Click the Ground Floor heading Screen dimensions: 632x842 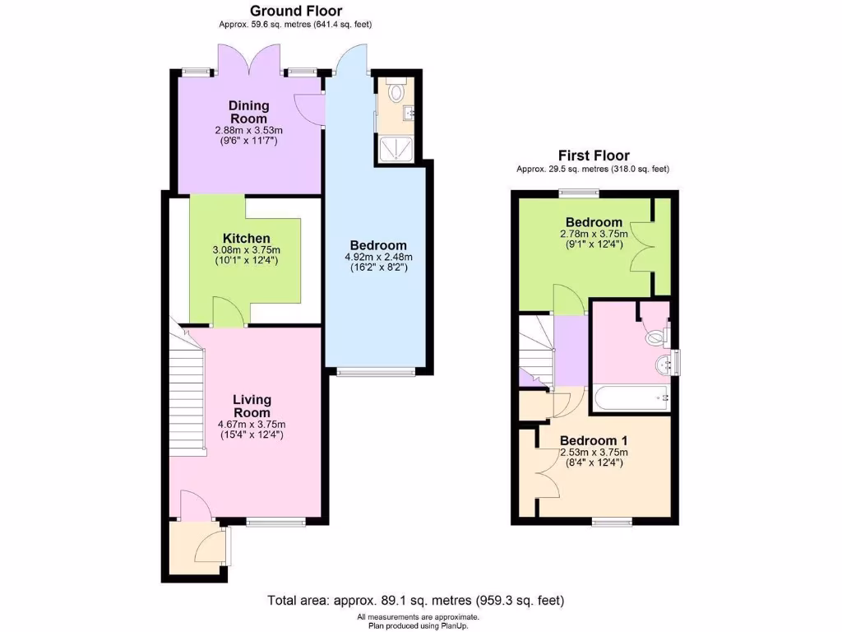point(296,11)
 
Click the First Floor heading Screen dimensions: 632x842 point(593,156)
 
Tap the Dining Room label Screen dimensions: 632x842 point(248,112)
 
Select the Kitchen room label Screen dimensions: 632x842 point(248,239)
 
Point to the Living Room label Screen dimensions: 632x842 point(251,406)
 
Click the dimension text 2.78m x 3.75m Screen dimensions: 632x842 point(594,233)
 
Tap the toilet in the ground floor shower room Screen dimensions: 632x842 point(399,91)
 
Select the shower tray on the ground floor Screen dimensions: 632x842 point(396,147)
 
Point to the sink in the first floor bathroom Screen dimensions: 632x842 point(664,364)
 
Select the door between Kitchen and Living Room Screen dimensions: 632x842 point(227,314)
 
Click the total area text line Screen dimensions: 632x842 point(416,600)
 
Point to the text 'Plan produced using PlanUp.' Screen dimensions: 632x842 point(417,625)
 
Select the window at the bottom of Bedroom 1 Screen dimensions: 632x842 point(612,521)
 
